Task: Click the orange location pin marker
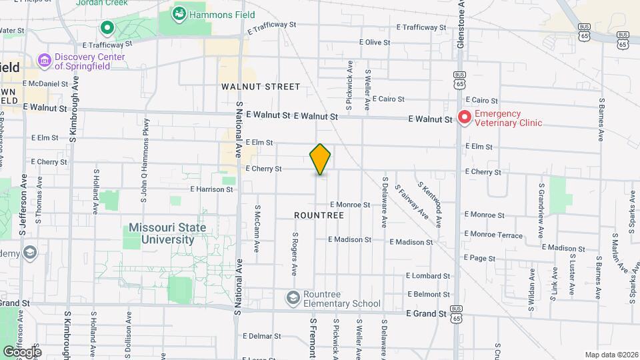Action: pos(320,159)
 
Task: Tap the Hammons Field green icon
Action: pos(179,13)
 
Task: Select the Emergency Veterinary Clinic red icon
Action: pos(465,118)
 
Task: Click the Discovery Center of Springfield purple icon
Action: pos(45,61)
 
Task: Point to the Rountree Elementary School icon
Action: pos(293,297)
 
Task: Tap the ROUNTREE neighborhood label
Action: pos(319,215)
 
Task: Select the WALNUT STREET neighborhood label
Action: pos(261,87)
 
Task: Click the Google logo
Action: pos(22,351)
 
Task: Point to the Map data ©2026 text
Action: pos(610,355)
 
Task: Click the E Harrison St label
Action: pos(211,189)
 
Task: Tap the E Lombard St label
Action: pos(428,276)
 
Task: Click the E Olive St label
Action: pos(374,42)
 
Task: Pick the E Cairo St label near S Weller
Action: pos(388,99)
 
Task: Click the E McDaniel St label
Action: pos(45,84)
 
